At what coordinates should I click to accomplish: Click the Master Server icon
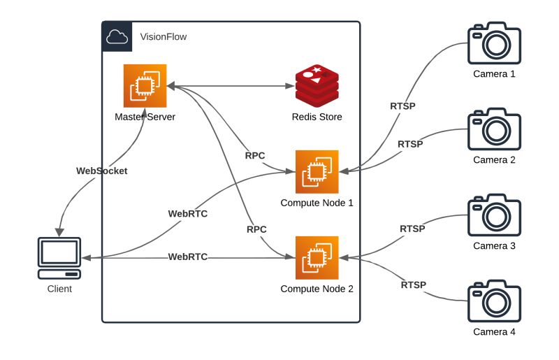point(145,86)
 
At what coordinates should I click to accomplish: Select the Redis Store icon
point(317,85)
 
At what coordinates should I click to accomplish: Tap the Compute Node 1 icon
point(317,171)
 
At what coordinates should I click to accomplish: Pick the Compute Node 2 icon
point(317,257)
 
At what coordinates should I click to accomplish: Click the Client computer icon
point(59,258)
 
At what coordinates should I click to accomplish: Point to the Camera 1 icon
point(494,43)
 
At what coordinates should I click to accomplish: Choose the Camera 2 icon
point(494,129)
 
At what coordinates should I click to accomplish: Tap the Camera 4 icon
point(494,301)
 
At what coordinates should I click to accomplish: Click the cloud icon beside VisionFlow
point(117,36)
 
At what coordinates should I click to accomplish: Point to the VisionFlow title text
point(164,36)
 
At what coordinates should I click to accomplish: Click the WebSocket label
point(102,171)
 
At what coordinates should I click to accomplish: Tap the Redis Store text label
point(317,117)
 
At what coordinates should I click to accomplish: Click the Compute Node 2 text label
point(317,288)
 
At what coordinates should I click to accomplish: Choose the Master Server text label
point(145,116)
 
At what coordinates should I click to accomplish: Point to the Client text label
point(59,288)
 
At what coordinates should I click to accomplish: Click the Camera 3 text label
point(494,245)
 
